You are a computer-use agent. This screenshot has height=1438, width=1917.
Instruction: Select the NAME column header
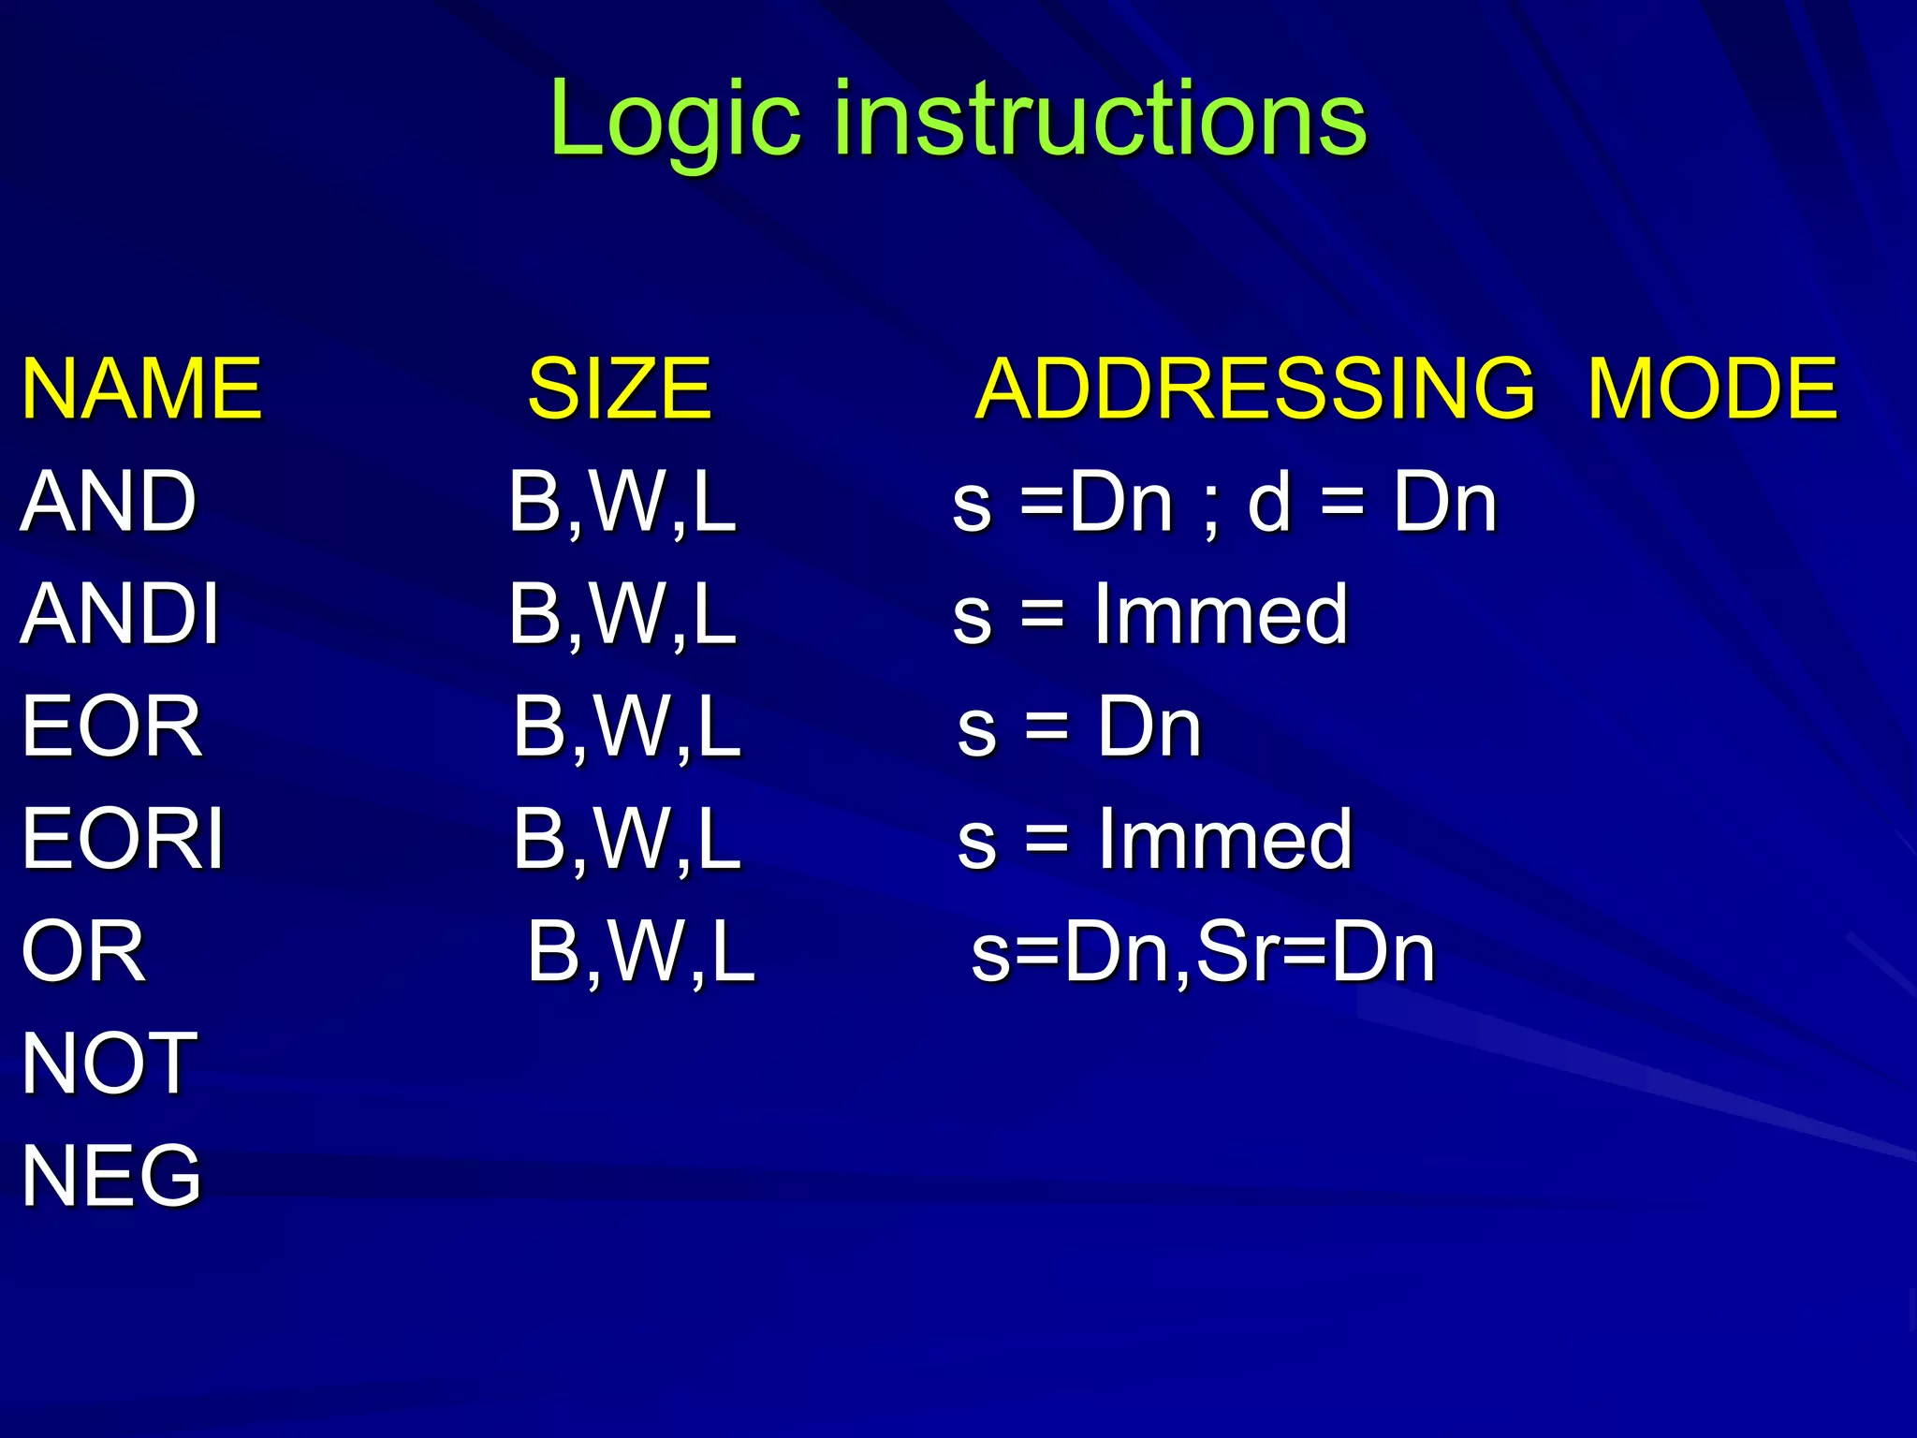141,389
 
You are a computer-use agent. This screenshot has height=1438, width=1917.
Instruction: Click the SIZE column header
620,389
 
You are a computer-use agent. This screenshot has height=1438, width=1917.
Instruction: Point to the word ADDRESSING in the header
1254,389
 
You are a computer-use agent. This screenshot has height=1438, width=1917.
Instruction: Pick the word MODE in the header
1713,389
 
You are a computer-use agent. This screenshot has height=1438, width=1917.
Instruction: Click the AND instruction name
109,502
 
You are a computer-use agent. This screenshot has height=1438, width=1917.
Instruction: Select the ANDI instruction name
120,614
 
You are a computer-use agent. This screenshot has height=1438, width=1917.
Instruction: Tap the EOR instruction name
111,726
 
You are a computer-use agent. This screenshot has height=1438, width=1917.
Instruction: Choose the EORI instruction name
123,839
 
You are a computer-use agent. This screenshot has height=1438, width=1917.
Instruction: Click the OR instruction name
83,951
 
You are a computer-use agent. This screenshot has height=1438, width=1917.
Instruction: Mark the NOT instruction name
109,1064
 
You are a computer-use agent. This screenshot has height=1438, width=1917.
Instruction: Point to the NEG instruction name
111,1176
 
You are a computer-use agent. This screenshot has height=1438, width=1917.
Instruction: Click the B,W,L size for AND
622,504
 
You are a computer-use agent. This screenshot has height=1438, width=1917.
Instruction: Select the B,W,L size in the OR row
641,953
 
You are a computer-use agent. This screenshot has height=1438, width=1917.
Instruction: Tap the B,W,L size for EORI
627,841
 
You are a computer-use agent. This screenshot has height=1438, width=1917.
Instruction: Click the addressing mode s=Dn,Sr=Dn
1203,953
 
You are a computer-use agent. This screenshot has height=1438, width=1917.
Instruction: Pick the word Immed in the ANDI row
1221,614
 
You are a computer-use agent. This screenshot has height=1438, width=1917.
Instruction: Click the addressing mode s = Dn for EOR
1079,726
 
